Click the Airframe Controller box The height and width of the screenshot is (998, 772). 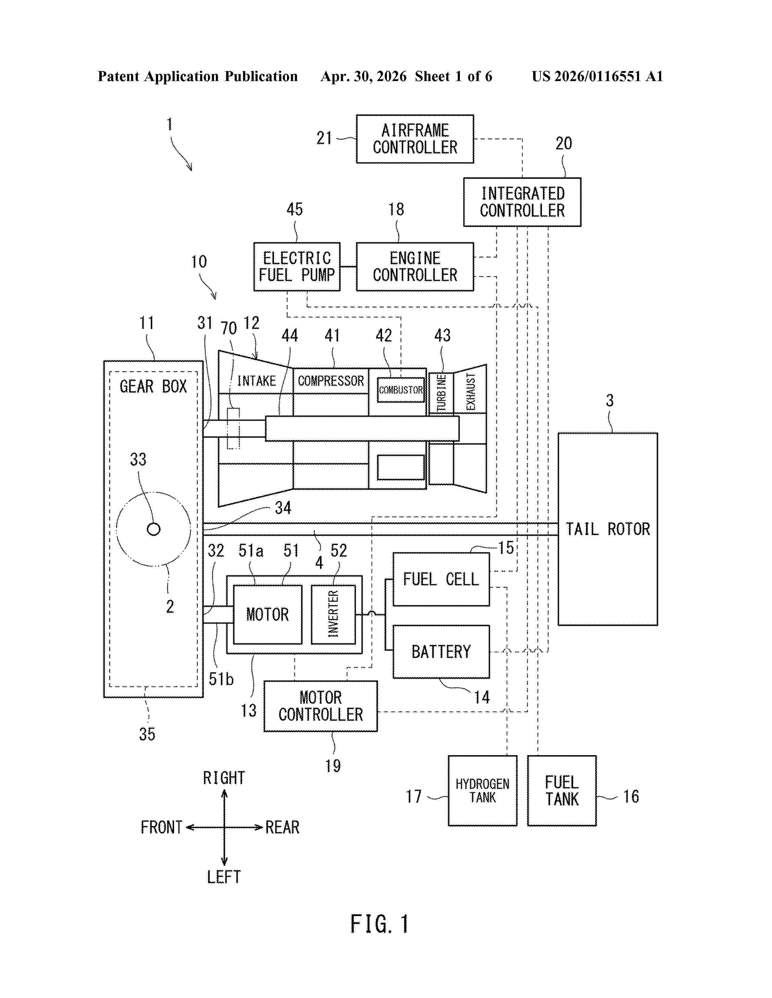(x=415, y=139)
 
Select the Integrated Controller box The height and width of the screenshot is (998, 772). (x=522, y=202)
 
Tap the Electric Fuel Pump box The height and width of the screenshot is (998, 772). (x=297, y=266)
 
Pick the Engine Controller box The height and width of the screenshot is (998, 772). (x=415, y=266)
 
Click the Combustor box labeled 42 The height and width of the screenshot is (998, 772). (x=401, y=390)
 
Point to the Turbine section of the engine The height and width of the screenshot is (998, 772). (x=441, y=393)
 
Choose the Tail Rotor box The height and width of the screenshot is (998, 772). (x=608, y=529)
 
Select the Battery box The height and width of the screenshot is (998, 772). (x=441, y=652)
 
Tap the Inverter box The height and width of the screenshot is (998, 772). (x=333, y=614)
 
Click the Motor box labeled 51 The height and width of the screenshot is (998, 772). (x=268, y=614)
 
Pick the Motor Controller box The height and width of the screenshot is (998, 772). (x=321, y=706)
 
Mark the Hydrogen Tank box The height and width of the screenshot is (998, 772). (x=483, y=791)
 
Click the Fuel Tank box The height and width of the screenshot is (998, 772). (x=562, y=791)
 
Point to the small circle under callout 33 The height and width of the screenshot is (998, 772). (x=154, y=529)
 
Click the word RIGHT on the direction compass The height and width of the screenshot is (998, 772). (x=224, y=778)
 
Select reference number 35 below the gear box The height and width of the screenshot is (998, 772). (x=147, y=734)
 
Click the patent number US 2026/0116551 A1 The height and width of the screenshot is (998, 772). (x=597, y=76)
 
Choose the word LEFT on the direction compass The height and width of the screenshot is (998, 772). (x=224, y=877)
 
